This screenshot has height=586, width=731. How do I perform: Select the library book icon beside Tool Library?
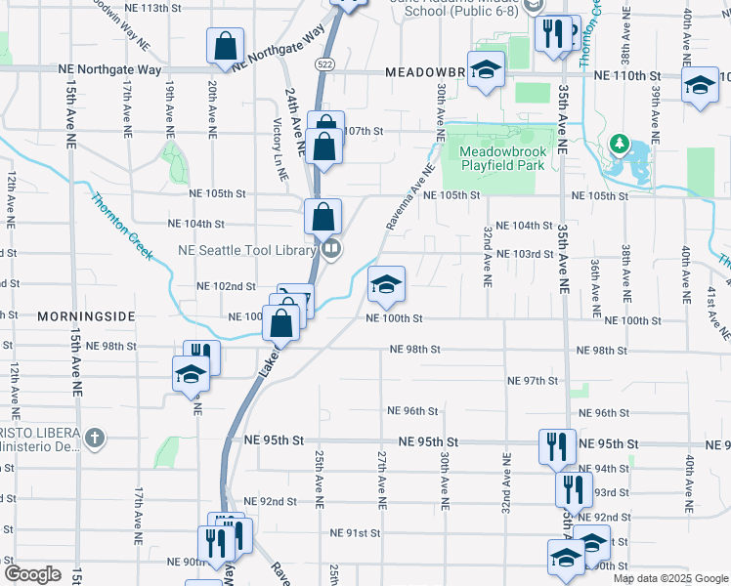331,249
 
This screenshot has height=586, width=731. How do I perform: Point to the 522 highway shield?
322,63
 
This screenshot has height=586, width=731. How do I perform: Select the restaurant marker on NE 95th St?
553,445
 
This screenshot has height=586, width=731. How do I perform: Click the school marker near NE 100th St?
386,284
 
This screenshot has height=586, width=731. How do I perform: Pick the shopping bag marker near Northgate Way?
225,45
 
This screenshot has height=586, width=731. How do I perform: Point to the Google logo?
33,574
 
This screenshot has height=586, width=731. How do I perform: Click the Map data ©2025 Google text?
669,578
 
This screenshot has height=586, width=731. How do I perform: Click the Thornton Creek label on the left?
122,227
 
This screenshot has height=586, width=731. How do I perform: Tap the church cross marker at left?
94,438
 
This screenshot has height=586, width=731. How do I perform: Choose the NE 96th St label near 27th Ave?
411,411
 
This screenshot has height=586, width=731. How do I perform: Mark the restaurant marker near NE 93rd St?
573,487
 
